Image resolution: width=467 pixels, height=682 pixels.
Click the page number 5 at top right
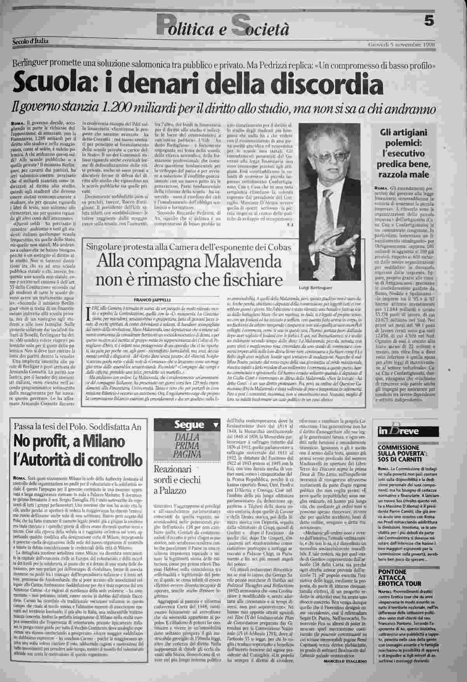coord(429,22)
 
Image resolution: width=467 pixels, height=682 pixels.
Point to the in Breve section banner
coord(399,431)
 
